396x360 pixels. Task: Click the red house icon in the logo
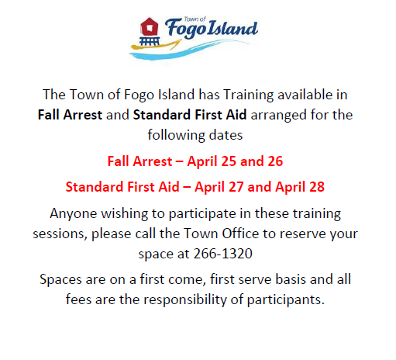149,26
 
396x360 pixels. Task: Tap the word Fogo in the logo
186,29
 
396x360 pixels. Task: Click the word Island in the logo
232,27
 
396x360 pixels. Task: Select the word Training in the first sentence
248,95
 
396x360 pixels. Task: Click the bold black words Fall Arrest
70,115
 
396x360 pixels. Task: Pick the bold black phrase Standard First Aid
190,115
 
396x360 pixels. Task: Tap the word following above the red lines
176,135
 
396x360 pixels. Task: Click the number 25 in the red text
229,161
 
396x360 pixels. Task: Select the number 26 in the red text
275,161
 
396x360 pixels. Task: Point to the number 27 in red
236,187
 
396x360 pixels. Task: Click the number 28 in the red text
317,187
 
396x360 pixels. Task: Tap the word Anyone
74,214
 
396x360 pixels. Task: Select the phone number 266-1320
223,254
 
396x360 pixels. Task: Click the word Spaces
60,280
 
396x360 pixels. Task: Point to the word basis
291,279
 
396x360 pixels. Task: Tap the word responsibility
185,300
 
